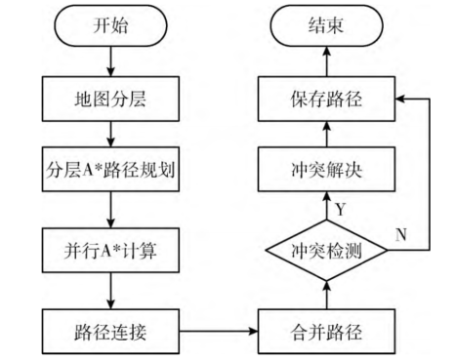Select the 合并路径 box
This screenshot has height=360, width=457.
tap(327, 329)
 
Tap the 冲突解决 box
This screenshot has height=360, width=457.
tap(327, 173)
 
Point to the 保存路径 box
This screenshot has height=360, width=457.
tap(327, 99)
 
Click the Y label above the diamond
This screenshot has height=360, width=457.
tap(341, 209)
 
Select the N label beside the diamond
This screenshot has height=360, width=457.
tap(400, 235)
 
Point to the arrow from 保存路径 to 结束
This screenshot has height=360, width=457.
tap(327, 60)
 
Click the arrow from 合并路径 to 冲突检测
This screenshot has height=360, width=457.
tap(327, 294)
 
